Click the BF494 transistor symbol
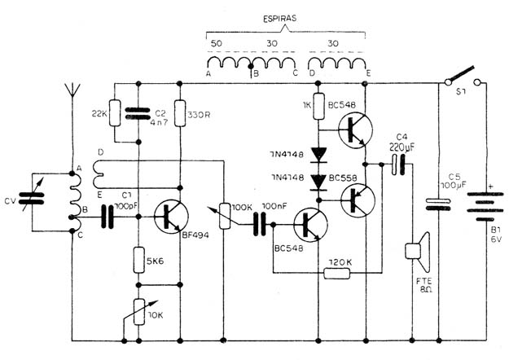(x=171, y=217)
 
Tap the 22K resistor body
(x=115, y=112)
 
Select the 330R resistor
(x=180, y=113)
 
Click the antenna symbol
(x=72, y=90)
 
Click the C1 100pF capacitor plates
(x=108, y=217)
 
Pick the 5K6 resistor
(x=139, y=260)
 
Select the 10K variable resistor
(x=139, y=312)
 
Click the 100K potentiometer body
(x=224, y=216)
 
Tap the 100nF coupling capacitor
(x=259, y=224)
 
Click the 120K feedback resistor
(x=337, y=274)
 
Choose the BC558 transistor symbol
(x=358, y=200)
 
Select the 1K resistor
(x=318, y=106)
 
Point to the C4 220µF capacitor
(x=398, y=165)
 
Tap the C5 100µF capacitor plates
(x=438, y=204)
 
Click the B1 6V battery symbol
(x=485, y=206)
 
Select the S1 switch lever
(x=461, y=74)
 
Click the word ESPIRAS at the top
(x=279, y=19)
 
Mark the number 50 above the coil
(x=217, y=43)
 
